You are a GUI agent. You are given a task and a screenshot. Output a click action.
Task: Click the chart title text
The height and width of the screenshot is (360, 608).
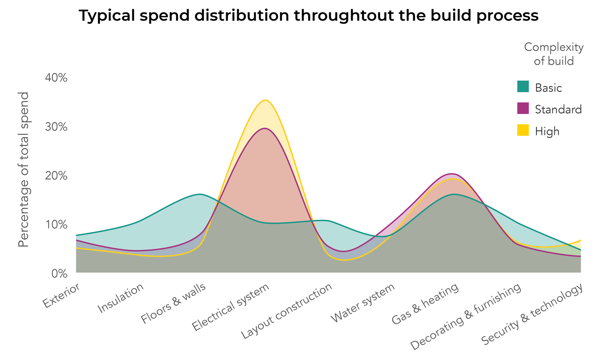click(x=308, y=16)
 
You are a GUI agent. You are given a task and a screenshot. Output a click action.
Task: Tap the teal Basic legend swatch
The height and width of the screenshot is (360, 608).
click(x=523, y=87)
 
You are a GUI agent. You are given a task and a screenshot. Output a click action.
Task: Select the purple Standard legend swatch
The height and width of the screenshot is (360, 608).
click(x=523, y=108)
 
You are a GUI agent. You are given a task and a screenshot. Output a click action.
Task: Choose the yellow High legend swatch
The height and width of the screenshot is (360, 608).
click(x=523, y=130)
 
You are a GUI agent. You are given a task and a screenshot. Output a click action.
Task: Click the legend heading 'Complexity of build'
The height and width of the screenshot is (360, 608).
click(x=554, y=54)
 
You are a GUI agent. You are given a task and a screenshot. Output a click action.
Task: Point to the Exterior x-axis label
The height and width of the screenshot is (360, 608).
click(x=62, y=296)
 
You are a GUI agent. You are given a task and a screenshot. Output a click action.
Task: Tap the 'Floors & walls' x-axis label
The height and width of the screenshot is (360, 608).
click(x=174, y=303)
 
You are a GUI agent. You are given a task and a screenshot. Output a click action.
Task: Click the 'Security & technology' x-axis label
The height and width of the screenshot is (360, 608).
click(x=532, y=315)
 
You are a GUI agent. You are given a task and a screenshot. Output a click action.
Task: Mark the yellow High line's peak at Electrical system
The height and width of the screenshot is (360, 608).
click(x=265, y=100)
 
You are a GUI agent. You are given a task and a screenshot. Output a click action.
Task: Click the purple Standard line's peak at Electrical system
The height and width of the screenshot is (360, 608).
click(x=265, y=128)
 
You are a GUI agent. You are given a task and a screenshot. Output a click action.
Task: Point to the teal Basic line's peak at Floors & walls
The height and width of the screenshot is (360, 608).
click(x=200, y=194)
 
